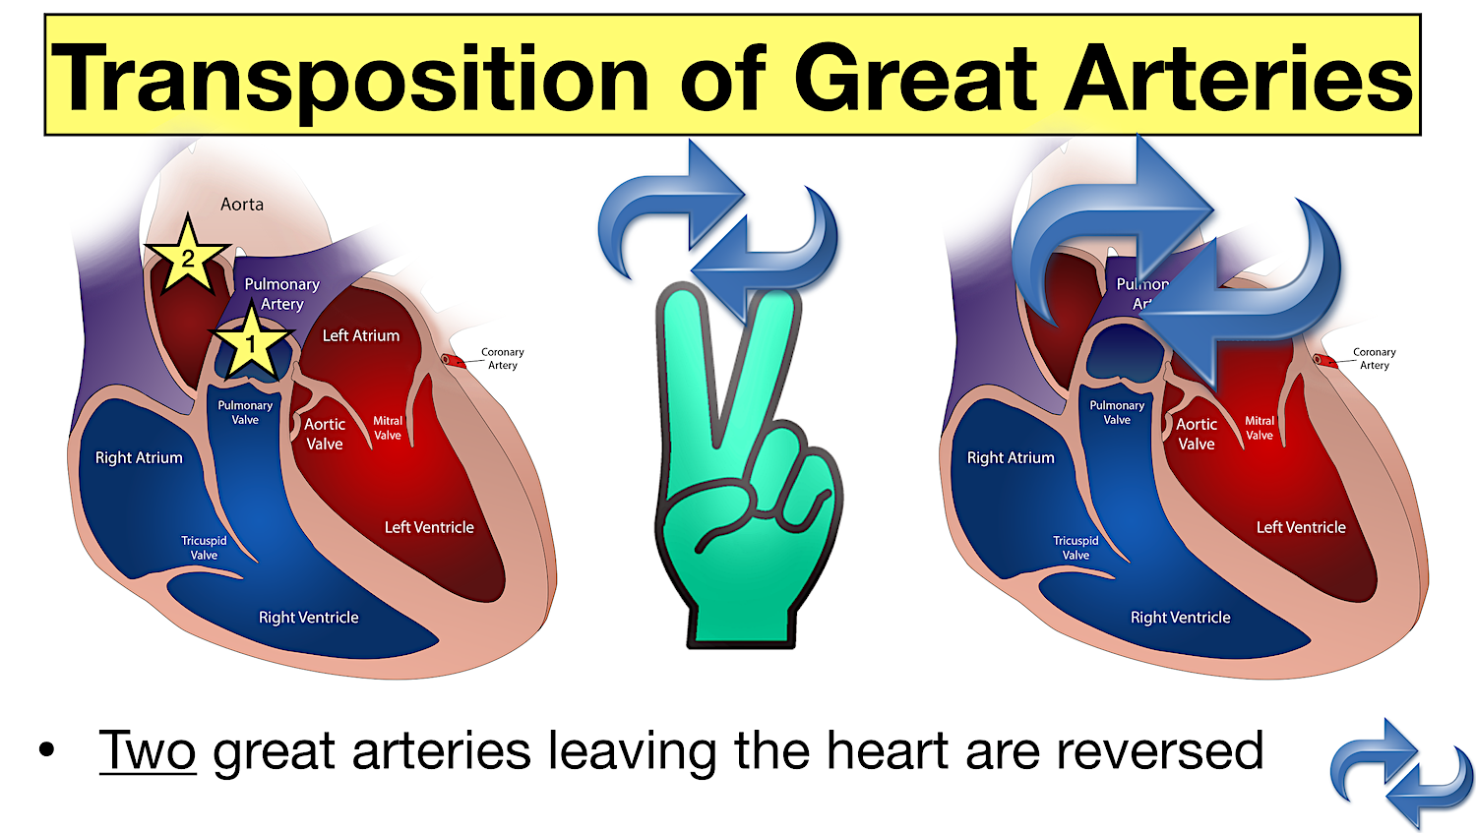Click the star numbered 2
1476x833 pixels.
click(187, 259)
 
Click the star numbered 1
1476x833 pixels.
click(251, 343)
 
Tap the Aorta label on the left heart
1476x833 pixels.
click(242, 205)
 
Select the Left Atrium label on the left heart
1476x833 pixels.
click(361, 336)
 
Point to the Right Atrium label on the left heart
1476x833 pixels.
click(139, 458)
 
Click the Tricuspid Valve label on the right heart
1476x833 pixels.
click(1076, 548)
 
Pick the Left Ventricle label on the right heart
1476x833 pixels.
click(1301, 528)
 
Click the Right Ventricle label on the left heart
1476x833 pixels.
click(308, 618)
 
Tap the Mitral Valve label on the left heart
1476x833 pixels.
click(388, 428)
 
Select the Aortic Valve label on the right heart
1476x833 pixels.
click(1197, 434)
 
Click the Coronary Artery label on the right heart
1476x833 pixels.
click(1374, 358)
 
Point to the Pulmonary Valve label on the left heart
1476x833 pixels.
click(245, 412)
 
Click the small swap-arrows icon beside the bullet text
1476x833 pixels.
click(1401, 772)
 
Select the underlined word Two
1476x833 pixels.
click(148, 751)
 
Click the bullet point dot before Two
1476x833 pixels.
click(46, 751)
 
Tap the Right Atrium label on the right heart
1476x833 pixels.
click(1011, 458)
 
